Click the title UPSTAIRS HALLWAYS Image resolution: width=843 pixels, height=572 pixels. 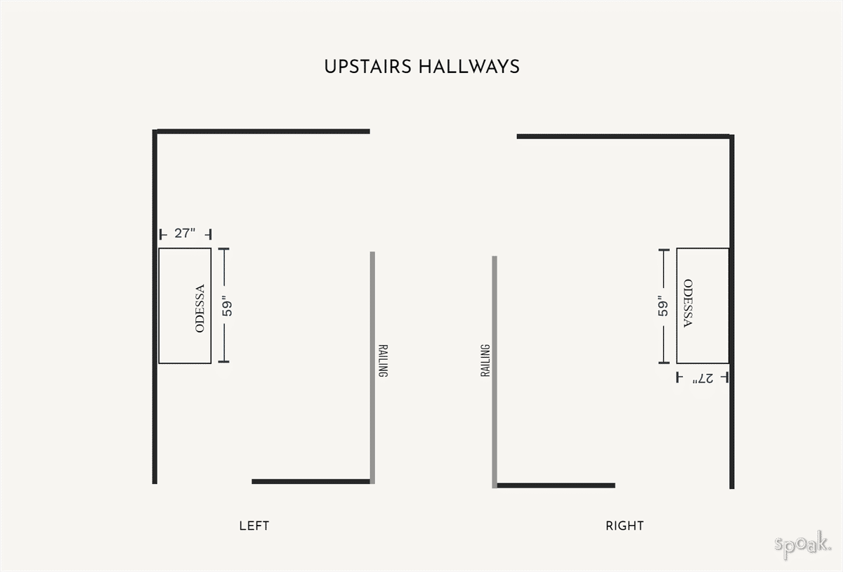click(x=421, y=67)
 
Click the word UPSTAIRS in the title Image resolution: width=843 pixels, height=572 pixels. click(x=367, y=67)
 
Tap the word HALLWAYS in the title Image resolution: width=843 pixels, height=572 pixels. click(x=469, y=67)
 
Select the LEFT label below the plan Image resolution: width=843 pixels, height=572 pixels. click(x=254, y=526)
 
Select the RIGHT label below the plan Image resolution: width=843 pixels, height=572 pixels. click(x=625, y=526)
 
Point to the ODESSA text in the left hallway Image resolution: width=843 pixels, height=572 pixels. click(x=200, y=308)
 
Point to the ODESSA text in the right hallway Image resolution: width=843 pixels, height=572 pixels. click(x=688, y=304)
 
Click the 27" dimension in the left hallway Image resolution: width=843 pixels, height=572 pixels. click(x=185, y=233)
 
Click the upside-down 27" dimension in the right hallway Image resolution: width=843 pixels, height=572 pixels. click(x=702, y=378)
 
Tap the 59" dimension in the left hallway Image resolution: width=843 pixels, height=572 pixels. click(x=227, y=307)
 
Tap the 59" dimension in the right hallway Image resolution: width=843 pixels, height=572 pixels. click(x=663, y=306)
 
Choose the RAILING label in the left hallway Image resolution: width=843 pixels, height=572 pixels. click(x=383, y=360)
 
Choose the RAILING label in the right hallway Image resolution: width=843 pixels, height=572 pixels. click(x=485, y=360)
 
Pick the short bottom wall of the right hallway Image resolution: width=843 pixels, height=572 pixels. click(x=556, y=486)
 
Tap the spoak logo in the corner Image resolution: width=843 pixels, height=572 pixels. click(x=803, y=544)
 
